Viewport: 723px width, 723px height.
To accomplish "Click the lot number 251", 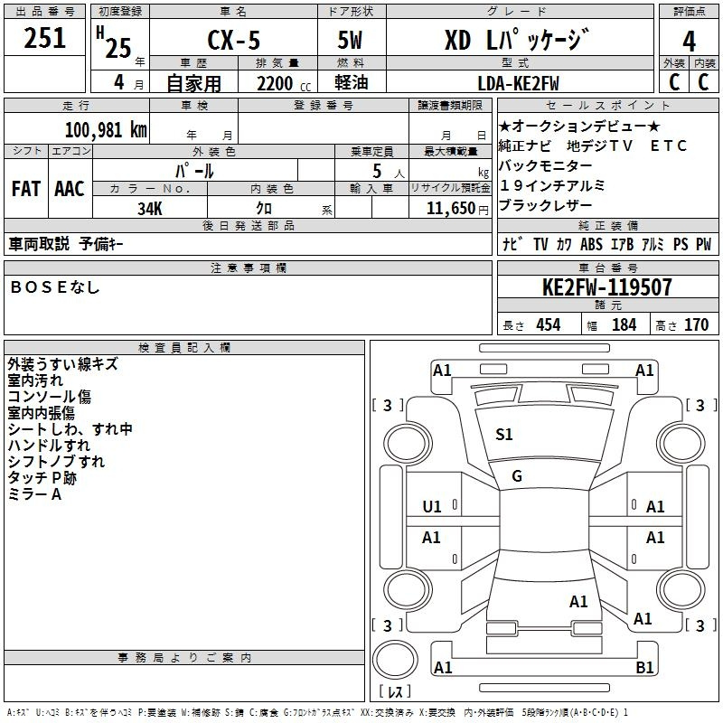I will click(44, 38).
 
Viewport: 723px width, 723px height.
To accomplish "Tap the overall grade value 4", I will click(689, 41).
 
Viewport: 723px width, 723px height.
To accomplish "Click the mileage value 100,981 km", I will click(106, 129).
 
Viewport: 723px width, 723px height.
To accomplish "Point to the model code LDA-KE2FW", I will click(518, 82).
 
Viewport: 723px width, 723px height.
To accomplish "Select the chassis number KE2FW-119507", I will click(606, 287).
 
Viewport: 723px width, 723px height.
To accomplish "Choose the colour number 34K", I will click(150, 208).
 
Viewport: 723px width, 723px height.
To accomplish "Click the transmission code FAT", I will click(25, 189).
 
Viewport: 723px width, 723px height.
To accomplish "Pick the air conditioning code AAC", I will click(70, 189).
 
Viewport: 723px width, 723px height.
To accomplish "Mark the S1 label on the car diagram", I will click(504, 435).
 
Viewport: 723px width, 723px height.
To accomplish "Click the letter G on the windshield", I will click(517, 476).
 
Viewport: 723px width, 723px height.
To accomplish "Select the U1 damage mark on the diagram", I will click(432, 507).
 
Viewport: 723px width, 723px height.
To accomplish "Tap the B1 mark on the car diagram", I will click(645, 668).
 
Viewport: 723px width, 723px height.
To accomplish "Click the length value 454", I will click(549, 325).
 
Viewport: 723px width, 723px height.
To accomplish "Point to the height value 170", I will click(696, 325).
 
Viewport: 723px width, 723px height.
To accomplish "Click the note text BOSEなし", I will click(54, 287).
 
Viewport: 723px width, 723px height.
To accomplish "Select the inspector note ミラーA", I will click(34, 494).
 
